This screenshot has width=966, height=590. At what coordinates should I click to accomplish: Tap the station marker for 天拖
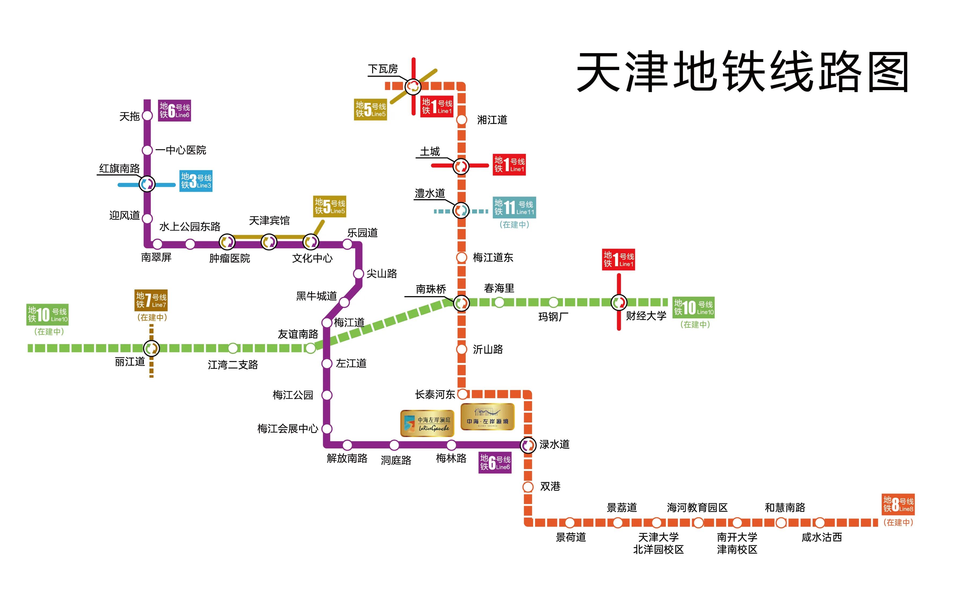tap(147, 116)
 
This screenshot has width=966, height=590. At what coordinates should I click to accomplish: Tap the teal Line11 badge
tap(514, 207)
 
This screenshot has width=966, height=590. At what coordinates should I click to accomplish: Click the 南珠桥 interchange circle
tap(462, 303)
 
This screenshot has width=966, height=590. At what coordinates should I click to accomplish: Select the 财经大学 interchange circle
tap(619, 303)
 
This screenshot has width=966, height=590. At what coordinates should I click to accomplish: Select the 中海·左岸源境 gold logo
tap(487, 417)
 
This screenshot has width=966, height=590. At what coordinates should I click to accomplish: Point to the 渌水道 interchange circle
tap(528, 445)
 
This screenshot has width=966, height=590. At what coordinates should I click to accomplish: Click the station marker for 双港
tap(528, 487)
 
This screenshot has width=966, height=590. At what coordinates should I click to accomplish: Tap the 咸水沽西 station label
tap(821, 537)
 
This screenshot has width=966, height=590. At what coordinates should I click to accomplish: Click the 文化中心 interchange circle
tap(310, 242)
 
